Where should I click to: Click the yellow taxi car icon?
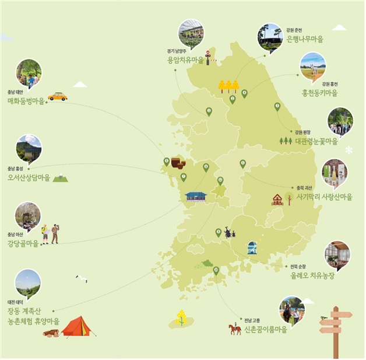57,96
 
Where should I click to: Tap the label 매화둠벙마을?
26,101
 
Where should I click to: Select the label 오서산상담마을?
29,177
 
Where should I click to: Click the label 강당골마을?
23,243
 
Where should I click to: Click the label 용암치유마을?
185,60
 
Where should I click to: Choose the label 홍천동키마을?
319,92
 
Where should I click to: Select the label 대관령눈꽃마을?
316,141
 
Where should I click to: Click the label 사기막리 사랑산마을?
324,197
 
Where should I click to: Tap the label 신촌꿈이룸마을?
265,329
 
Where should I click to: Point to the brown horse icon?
235,329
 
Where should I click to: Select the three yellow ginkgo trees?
228,86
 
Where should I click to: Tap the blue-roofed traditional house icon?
196,196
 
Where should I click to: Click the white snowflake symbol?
349,150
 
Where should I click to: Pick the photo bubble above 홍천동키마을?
312,65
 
